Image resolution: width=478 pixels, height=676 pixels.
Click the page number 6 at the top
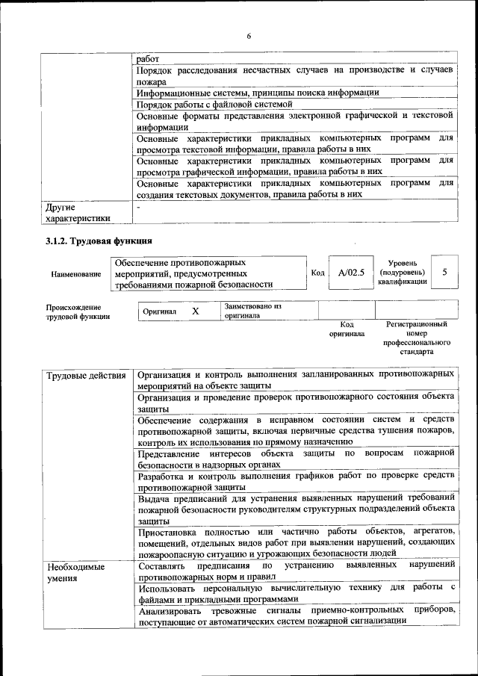pos(249,36)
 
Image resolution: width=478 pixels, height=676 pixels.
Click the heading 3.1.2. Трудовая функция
pos(99,241)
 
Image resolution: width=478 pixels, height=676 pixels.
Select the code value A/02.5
pos(351,273)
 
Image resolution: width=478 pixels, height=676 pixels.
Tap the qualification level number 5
pos(444,273)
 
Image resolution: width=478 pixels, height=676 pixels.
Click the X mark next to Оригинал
pos(195,311)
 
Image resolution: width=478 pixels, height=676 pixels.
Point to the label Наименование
pos(76,274)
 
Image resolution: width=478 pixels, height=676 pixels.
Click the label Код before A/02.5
pos(317,273)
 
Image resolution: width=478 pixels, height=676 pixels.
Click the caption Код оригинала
pos(347,329)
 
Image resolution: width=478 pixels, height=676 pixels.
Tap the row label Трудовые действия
pos(85,374)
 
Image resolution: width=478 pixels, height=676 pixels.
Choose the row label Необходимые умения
pos(74,573)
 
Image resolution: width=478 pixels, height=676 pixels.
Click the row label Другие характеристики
pos(78,212)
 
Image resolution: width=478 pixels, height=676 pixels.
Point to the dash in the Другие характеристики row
pos(139,206)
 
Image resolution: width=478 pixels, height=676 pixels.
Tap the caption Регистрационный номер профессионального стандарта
pos(416,338)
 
